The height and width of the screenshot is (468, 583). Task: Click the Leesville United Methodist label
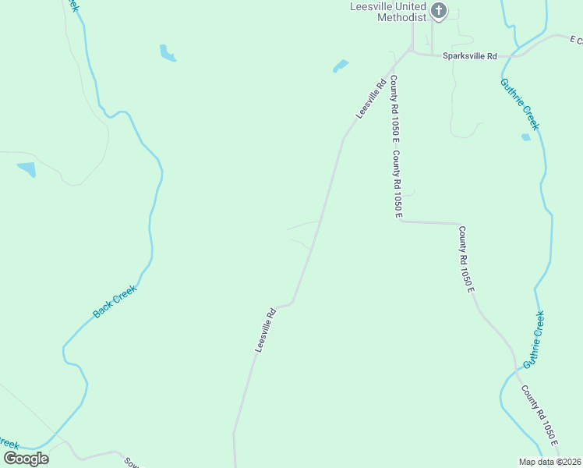point(387,11)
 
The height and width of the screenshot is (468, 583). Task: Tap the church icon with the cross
point(439,10)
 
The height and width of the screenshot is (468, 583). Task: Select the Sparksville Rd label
point(469,56)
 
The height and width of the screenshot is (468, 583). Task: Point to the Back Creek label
point(115,301)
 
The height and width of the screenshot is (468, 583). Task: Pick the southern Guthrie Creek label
point(534,339)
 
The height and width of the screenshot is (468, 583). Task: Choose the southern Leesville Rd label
point(266,330)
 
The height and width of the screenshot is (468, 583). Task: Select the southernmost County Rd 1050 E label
point(539,416)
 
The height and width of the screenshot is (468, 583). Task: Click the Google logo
point(26,458)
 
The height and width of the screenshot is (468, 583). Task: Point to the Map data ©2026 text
point(549,461)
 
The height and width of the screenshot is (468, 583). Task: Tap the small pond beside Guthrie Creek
point(525,137)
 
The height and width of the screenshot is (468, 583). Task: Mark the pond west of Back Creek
point(26,168)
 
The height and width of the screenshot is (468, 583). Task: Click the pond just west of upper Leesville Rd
point(341,66)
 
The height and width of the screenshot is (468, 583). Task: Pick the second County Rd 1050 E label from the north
point(397,182)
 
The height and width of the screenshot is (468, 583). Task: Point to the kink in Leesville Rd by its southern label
point(291,303)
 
